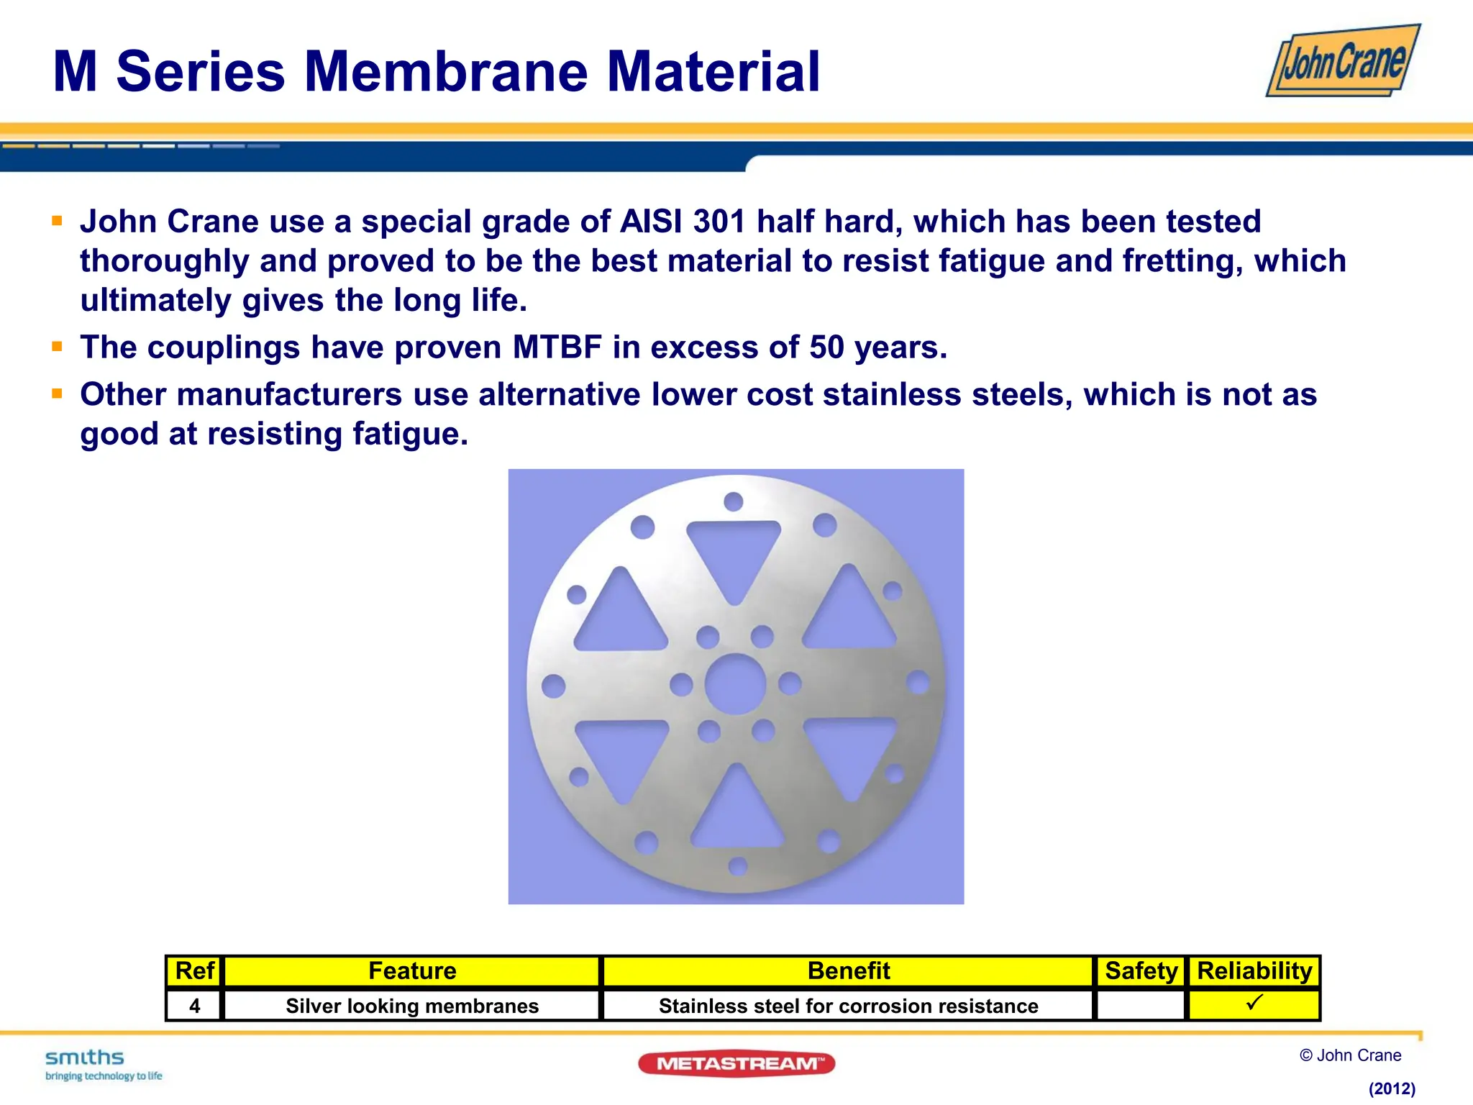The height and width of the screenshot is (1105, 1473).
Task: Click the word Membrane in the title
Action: point(447,72)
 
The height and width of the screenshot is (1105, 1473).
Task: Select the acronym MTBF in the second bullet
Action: point(557,347)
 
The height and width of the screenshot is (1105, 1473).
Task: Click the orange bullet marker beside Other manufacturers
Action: point(58,394)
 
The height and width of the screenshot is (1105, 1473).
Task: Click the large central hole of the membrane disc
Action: point(735,684)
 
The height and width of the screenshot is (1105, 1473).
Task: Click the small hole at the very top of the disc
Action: point(733,501)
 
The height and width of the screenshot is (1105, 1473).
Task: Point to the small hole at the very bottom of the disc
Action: point(738,865)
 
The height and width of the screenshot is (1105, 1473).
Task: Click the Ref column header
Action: point(194,971)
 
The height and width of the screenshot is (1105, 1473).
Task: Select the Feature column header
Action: point(412,971)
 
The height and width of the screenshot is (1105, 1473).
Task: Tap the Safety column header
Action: point(1140,971)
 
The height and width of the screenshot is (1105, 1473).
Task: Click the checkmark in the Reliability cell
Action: point(1254,1002)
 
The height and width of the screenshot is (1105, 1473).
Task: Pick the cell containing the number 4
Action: point(194,1006)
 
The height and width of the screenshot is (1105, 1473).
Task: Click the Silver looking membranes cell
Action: point(412,1006)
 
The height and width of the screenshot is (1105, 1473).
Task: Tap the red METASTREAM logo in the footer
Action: point(736,1063)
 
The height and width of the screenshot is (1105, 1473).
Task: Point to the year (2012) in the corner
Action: point(1392,1088)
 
